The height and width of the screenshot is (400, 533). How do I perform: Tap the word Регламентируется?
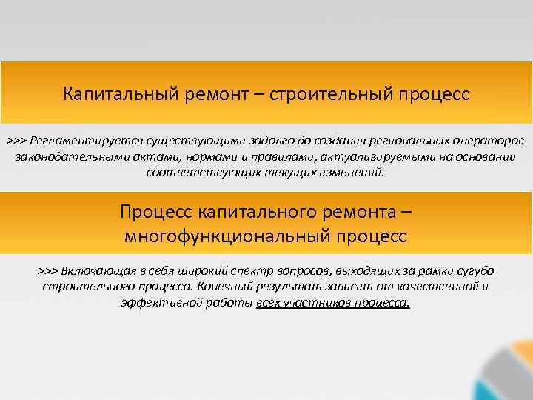pyautogui.click(x=83, y=141)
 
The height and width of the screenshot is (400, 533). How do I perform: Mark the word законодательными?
pyautogui.click(x=64, y=157)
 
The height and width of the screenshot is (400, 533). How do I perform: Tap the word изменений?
pyautogui.click(x=354, y=173)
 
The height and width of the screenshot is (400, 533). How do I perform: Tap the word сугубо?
pyautogui.click(x=475, y=270)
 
